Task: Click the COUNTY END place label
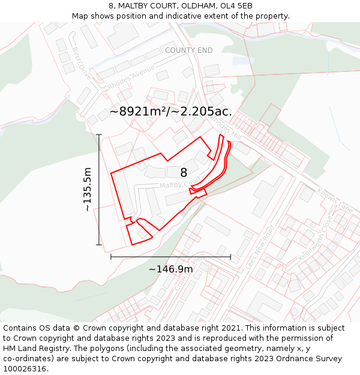188,50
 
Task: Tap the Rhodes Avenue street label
131,77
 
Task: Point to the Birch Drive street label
81,64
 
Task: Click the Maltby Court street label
178,185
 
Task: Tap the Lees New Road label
260,247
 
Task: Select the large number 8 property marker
184,173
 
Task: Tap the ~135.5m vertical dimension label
88,189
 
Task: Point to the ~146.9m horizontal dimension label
171,269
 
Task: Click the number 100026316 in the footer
25,368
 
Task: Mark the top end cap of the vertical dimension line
99,135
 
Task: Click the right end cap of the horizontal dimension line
230,257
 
